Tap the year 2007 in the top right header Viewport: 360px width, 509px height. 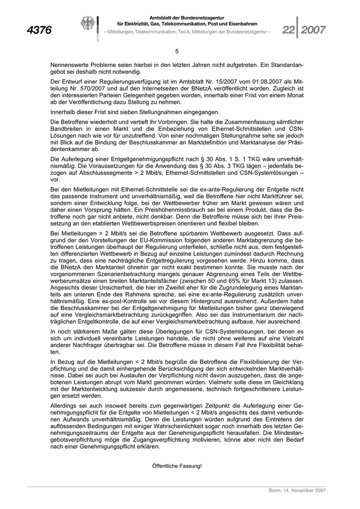[313, 30]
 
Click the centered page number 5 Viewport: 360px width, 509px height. [177, 51]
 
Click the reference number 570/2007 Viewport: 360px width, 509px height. [86, 88]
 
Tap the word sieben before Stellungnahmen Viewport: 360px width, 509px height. [121, 112]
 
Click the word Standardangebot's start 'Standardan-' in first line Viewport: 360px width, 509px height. [286, 65]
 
